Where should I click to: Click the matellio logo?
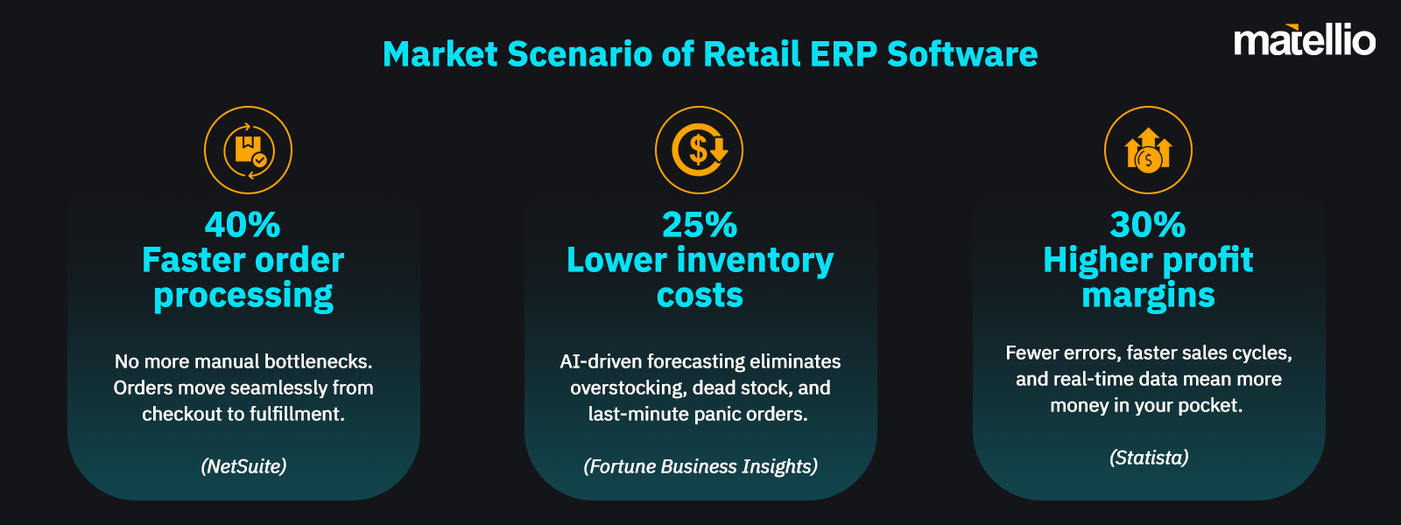point(1304,41)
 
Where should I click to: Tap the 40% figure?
point(243,225)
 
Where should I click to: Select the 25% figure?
point(700,225)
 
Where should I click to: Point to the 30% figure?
point(1148,225)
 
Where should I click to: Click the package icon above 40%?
point(248,150)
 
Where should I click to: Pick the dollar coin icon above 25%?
point(699,150)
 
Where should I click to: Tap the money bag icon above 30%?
point(1148,150)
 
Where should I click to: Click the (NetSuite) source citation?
point(243,466)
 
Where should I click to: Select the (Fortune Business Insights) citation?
point(700,466)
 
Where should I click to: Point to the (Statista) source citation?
point(1149,458)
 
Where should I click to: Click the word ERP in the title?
point(843,54)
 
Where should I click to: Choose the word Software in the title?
point(962,54)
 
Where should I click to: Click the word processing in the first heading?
point(243,297)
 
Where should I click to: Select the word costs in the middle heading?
point(700,296)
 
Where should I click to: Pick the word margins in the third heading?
point(1148,297)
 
